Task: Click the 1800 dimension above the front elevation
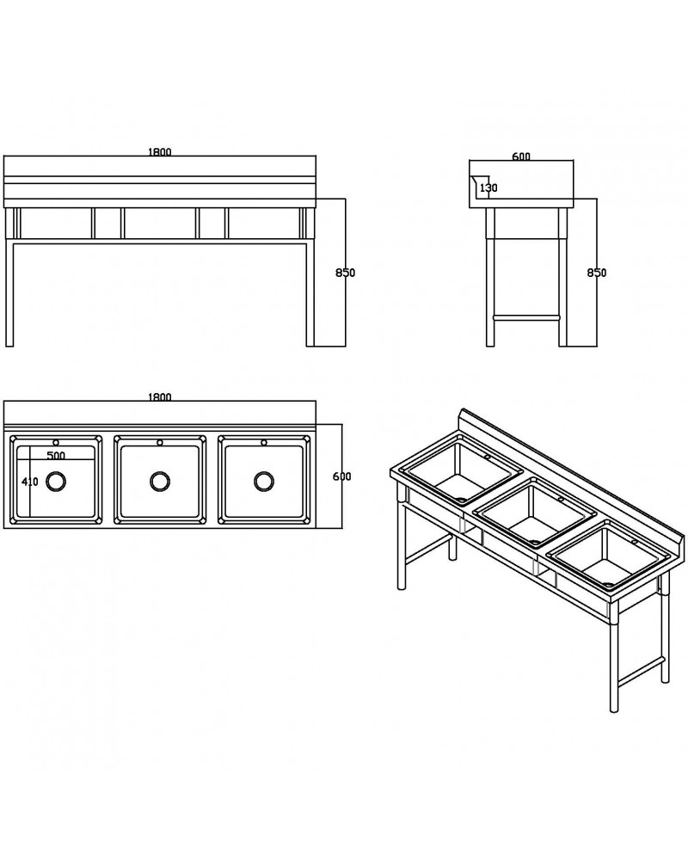point(160,152)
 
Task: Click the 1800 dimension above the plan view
point(160,397)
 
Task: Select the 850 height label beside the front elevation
point(345,273)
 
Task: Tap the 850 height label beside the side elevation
point(596,273)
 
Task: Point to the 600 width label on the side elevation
point(520,157)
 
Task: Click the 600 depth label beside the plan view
point(342,476)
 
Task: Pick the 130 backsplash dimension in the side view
point(488,187)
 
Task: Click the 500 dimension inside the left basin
point(56,455)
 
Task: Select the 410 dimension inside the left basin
point(30,482)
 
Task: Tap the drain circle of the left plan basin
point(56,481)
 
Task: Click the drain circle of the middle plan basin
point(160,481)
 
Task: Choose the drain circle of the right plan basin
point(263,481)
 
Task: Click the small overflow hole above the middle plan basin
point(160,444)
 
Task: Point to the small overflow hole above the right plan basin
point(263,444)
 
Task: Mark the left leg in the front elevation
point(11,292)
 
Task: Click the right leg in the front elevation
point(310,292)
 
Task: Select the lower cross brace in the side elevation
point(526,316)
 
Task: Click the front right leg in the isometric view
point(614,662)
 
